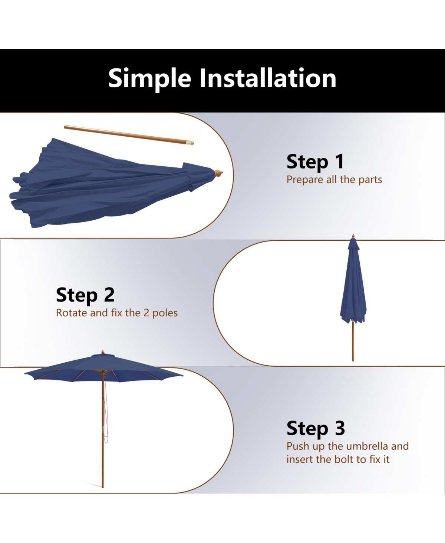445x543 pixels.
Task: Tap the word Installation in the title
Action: click(x=268, y=78)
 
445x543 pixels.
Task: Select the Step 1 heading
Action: click(x=315, y=162)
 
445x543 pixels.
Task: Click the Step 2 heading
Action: click(x=85, y=295)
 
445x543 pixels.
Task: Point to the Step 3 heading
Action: click(x=316, y=429)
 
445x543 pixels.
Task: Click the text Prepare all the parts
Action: click(x=334, y=180)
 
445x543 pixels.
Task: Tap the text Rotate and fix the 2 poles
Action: click(x=117, y=313)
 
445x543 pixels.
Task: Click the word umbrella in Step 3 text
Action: click(x=367, y=446)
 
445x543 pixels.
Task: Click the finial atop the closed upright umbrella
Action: click(x=353, y=236)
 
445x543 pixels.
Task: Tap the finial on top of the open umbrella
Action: click(x=103, y=352)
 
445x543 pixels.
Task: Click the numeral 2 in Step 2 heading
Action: click(x=109, y=295)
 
